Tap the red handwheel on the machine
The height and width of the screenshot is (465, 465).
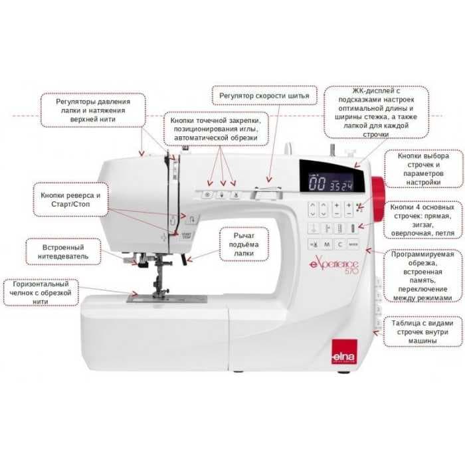pyautogui.click(x=378, y=199)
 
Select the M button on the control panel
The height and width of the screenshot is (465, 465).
pyautogui.click(x=327, y=244)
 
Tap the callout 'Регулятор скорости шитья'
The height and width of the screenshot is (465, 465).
pyautogui.click(x=264, y=96)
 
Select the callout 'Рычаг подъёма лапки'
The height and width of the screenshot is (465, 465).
pyautogui.click(x=244, y=244)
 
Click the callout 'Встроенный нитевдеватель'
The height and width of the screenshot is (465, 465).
pyautogui.click(x=63, y=252)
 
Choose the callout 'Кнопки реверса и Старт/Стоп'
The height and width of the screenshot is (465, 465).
pyautogui.click(x=70, y=199)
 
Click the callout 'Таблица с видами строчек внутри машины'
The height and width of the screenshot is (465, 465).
pyautogui.click(x=422, y=331)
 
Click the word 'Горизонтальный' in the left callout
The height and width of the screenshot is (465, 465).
pyautogui.click(x=41, y=284)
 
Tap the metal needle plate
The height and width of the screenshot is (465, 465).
pyautogui.click(x=167, y=299)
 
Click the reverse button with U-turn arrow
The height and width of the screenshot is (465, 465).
pyautogui.click(x=192, y=219)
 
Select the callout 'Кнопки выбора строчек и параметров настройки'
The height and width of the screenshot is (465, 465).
pyautogui.click(x=424, y=169)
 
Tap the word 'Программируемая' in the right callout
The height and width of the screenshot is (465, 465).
pyautogui.click(x=422, y=254)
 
